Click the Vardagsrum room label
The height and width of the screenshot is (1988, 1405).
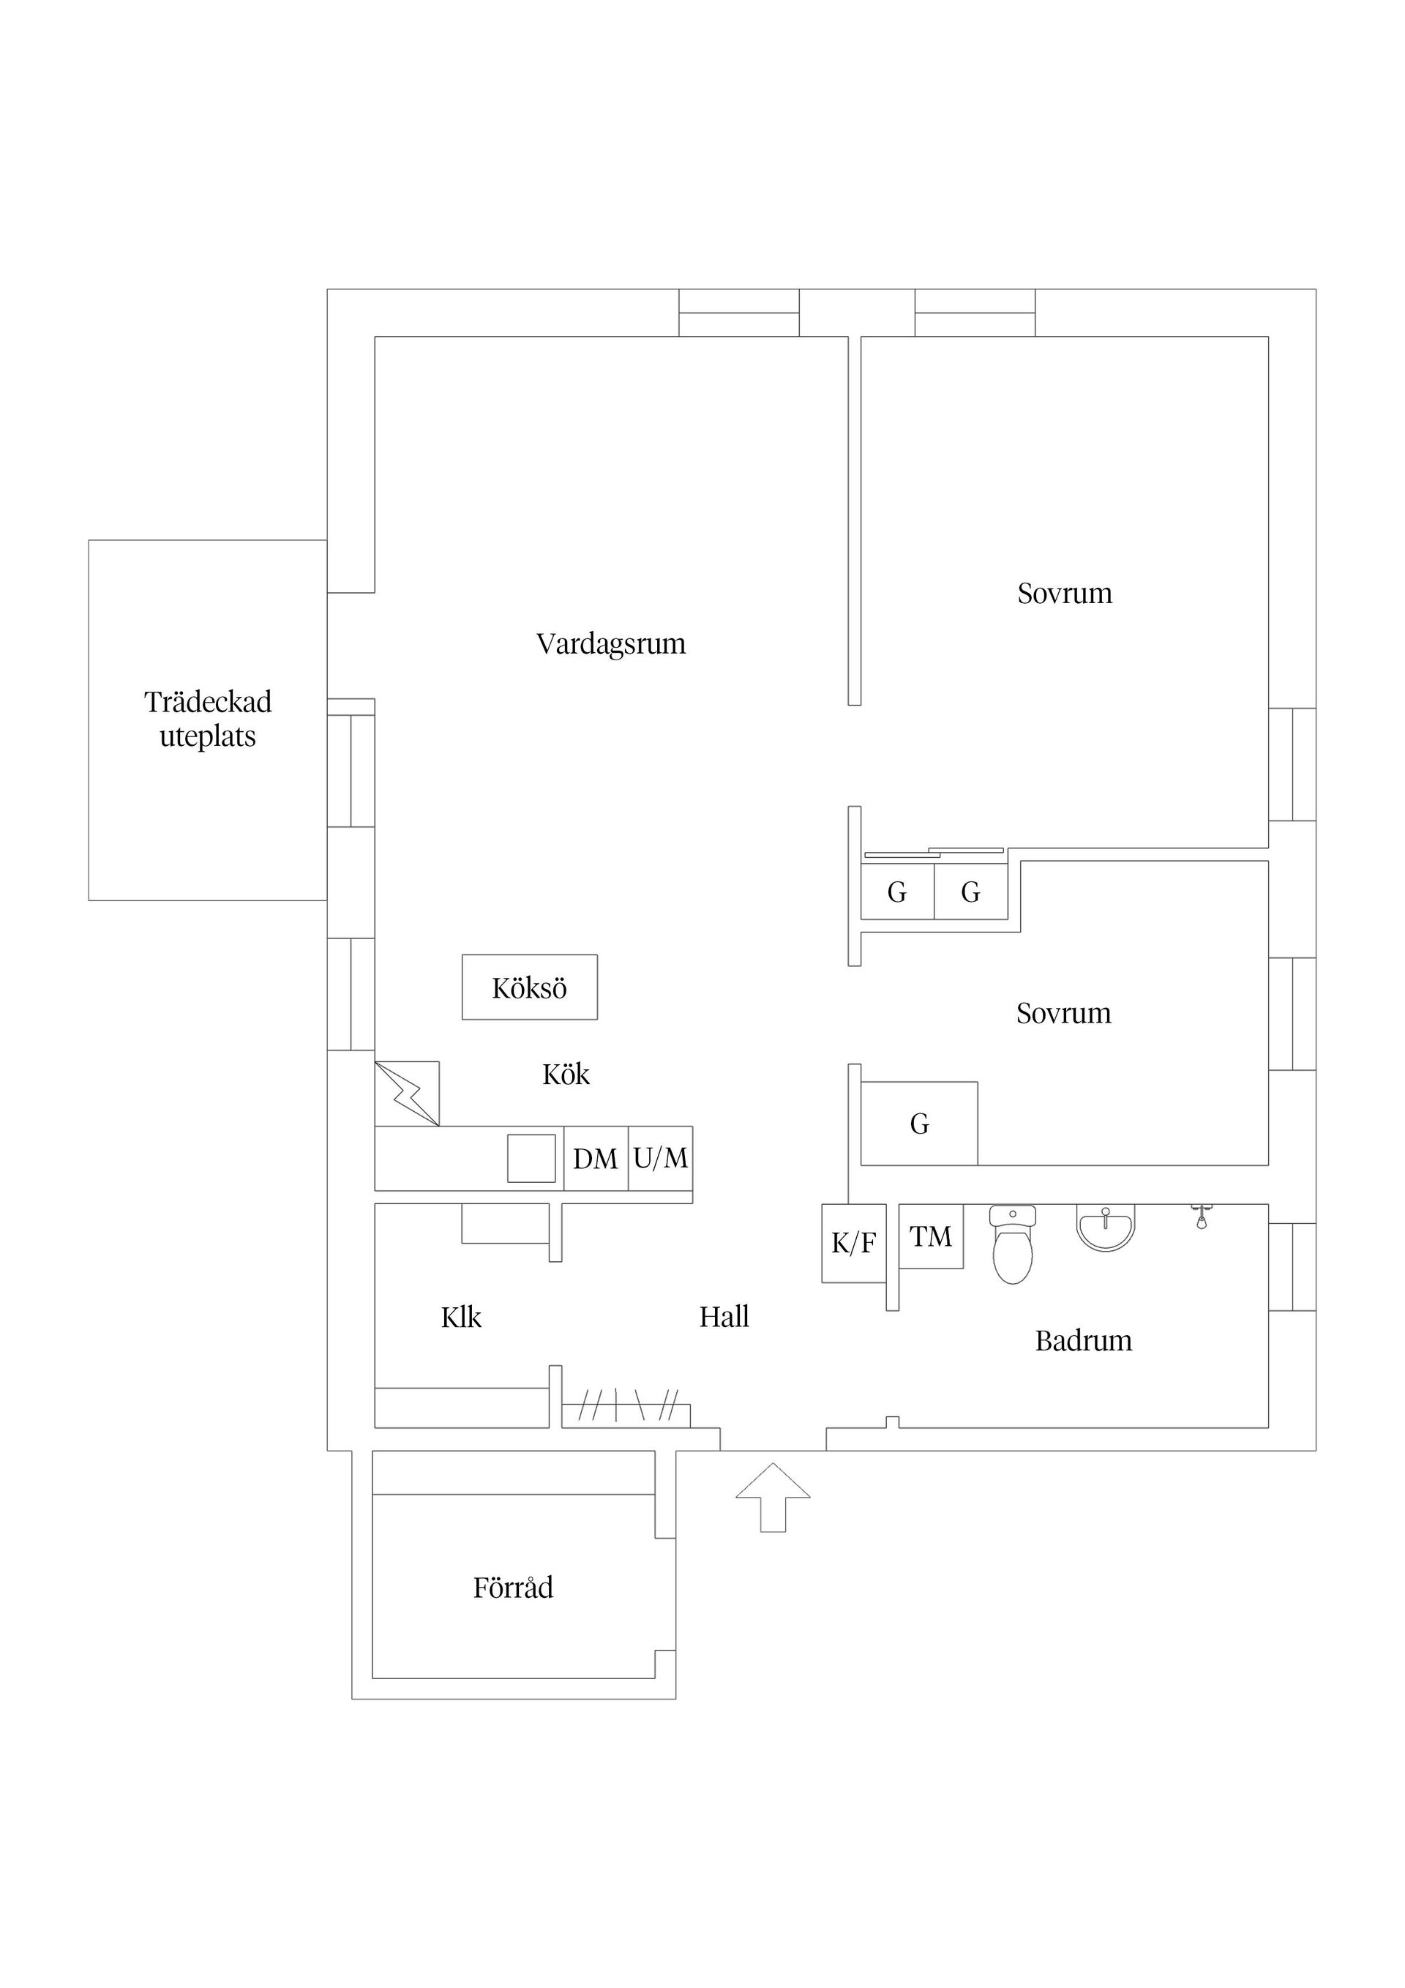coord(610,644)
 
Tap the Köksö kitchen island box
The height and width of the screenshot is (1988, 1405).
coord(529,987)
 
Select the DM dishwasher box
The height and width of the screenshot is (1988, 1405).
coord(596,1159)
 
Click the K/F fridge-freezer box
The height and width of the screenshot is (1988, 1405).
coord(853,1244)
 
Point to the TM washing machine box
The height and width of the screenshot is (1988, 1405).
coord(931,1236)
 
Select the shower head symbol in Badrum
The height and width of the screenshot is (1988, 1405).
coord(1201,1216)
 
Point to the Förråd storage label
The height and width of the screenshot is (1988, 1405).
coord(512,1587)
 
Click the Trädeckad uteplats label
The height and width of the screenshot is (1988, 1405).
coord(208,719)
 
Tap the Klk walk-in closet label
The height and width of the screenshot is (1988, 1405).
coord(460,1318)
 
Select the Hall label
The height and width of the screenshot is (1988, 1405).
coord(724,1317)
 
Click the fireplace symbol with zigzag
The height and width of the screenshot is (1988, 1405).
coord(407,1094)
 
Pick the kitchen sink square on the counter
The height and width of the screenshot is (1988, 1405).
coord(531,1159)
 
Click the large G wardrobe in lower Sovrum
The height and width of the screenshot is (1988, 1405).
coord(919,1124)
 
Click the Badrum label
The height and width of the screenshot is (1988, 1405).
coord(1083,1341)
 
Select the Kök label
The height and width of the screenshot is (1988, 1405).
coord(565,1075)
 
